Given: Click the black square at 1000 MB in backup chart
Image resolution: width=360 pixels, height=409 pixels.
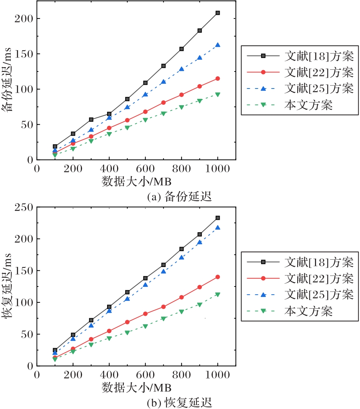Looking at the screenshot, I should (217, 13).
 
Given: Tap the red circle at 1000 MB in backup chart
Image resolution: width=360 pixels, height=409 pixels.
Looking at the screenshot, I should (217, 79).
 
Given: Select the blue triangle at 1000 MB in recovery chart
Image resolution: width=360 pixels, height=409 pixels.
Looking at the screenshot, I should (217, 228).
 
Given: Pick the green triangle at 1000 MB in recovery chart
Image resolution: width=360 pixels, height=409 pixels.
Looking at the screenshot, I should (217, 294).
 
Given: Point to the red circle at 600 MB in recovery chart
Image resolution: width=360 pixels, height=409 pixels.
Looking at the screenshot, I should (145, 314).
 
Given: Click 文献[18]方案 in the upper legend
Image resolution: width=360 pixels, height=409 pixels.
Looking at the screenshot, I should (319, 56).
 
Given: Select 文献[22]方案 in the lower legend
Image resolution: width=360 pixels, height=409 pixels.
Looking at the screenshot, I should (319, 278).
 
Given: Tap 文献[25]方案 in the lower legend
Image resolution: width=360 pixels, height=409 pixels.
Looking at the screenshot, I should (319, 294).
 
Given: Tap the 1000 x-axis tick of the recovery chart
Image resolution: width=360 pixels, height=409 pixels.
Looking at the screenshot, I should (217, 375).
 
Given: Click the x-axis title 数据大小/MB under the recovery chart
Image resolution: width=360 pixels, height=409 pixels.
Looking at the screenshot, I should (136, 388).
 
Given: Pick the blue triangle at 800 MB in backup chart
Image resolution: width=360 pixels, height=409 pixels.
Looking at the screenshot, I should (181, 69).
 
